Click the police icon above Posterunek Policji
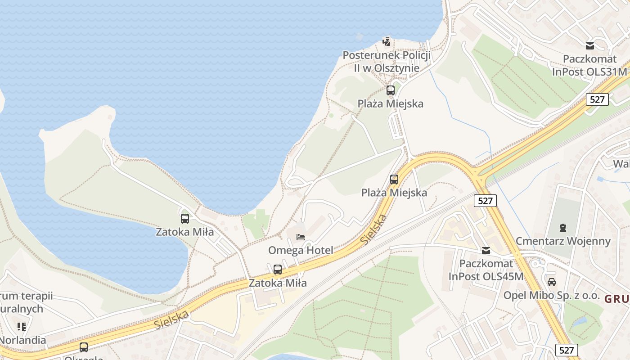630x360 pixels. pyautogui.click(x=386, y=42)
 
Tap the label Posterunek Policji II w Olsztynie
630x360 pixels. pyautogui.click(x=387, y=62)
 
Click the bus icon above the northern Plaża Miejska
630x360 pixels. pyautogui.click(x=391, y=90)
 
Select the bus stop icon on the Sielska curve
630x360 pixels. pyautogui.click(x=394, y=179)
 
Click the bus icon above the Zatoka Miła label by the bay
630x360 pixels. pyautogui.click(x=185, y=219)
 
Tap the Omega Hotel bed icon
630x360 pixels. pyautogui.click(x=301, y=237)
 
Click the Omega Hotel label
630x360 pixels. pyautogui.click(x=301, y=250)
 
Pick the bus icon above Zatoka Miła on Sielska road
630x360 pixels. pyautogui.click(x=278, y=270)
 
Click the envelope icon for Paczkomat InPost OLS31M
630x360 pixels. pyautogui.click(x=589, y=45)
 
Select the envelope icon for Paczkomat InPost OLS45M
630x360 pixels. pyautogui.click(x=486, y=251)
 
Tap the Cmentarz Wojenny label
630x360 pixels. pyautogui.click(x=563, y=241)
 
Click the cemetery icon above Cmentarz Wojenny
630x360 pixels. pyautogui.click(x=563, y=227)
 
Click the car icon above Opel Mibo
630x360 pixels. pyautogui.click(x=552, y=282)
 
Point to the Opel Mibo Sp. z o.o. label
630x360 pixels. pyautogui.click(x=552, y=296)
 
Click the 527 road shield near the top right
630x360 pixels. pyautogui.click(x=597, y=99)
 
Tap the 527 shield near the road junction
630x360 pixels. pyautogui.click(x=485, y=201)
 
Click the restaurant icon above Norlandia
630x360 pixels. pyautogui.click(x=22, y=326)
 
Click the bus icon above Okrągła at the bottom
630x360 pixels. pyautogui.click(x=84, y=347)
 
